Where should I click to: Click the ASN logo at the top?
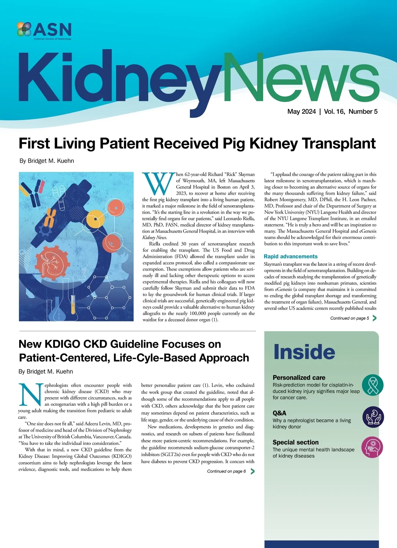[x=44, y=30]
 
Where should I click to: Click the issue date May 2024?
[x=301, y=112]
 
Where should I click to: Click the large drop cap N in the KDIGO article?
[x=30, y=395]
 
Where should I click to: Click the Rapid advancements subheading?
[x=290, y=256]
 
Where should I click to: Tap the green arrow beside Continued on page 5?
[x=374, y=318]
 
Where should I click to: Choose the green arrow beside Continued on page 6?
[x=252, y=471]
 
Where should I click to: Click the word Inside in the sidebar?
[x=304, y=352]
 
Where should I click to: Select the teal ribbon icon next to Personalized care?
[x=373, y=385]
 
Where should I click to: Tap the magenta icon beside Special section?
[x=373, y=447]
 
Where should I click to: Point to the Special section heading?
[x=295, y=443]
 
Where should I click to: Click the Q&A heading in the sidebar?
[x=279, y=413]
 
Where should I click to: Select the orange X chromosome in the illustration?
[x=50, y=217]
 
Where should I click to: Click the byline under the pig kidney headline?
[x=47, y=161]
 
